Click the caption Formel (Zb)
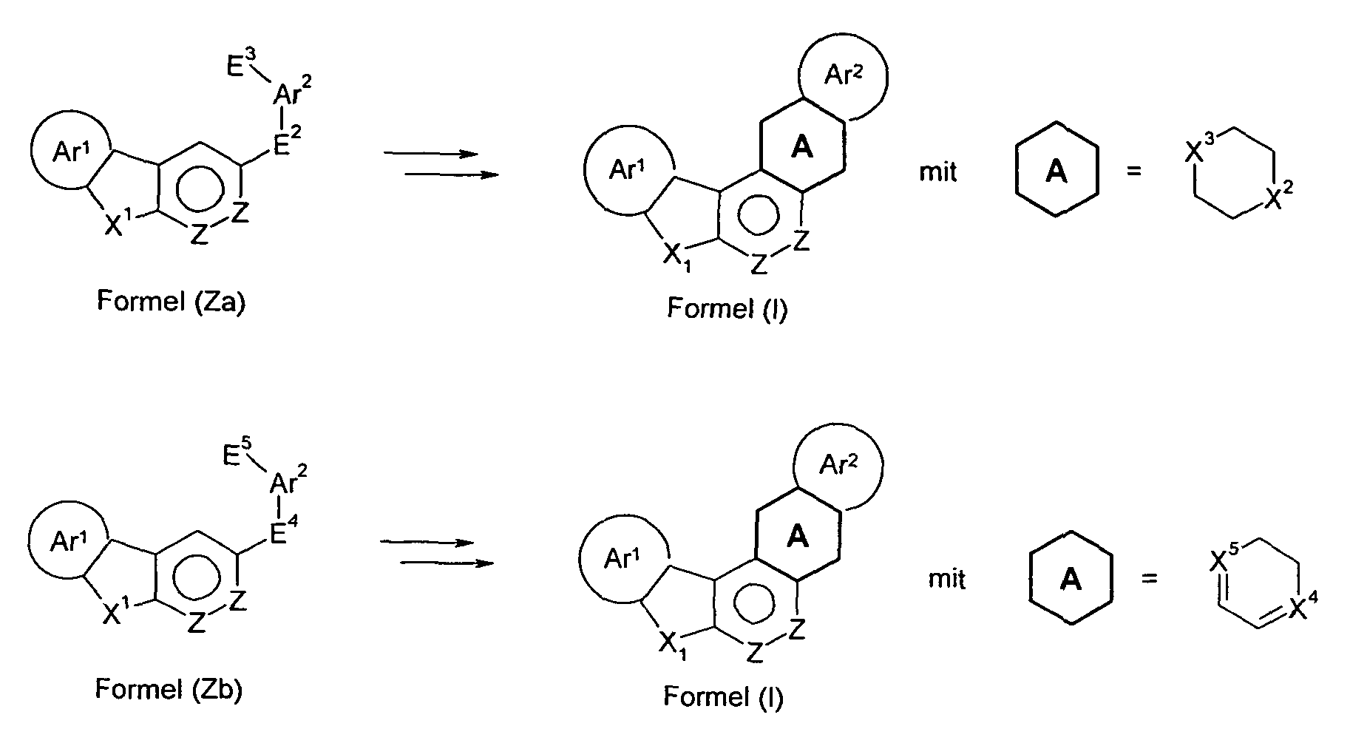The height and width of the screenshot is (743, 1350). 169,689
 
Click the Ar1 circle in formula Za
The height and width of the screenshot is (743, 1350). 72,151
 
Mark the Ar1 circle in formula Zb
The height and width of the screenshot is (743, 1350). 68,542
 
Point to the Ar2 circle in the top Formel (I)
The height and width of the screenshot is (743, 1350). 844,76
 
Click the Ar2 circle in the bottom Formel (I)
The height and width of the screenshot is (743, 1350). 838,467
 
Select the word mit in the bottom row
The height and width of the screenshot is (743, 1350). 947,579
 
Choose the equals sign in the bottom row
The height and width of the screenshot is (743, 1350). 1148,579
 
